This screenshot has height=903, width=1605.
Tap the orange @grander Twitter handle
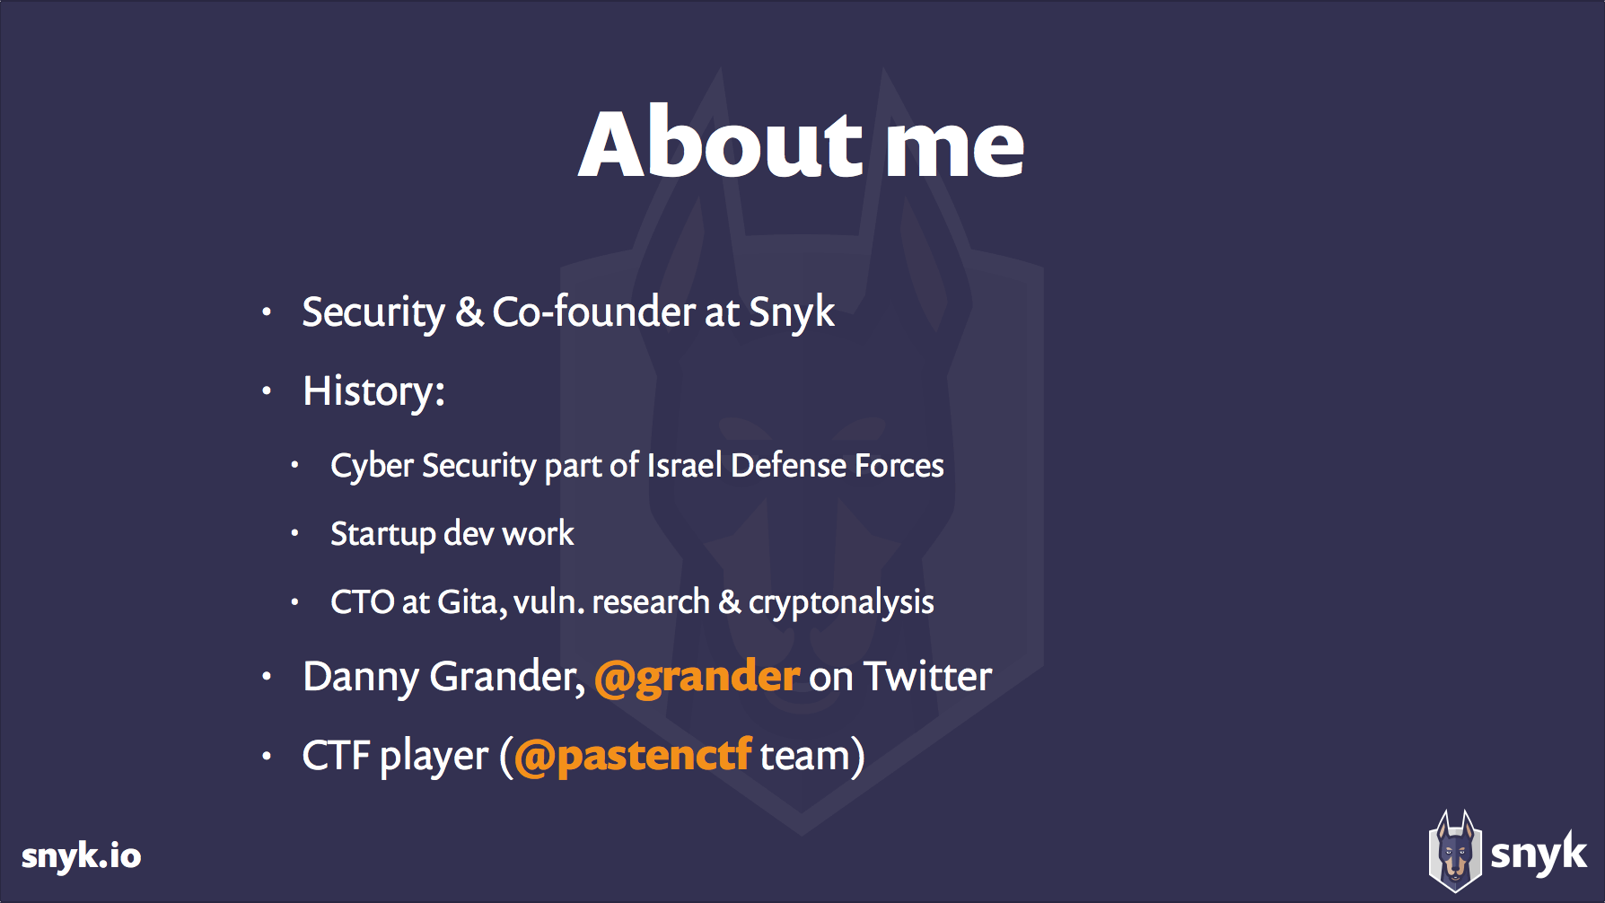pyautogui.click(x=697, y=677)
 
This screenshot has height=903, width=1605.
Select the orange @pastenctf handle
pyautogui.click(x=632, y=756)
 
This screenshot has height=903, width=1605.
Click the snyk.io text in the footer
pyautogui.click(x=81, y=855)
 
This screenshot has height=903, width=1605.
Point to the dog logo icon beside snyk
pyautogui.click(x=1454, y=852)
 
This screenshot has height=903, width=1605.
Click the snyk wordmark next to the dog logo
pyautogui.click(x=1538, y=854)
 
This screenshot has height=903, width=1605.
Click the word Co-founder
pyautogui.click(x=593, y=312)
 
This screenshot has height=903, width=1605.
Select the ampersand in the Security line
pyautogui.click(x=469, y=312)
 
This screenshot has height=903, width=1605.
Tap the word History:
pyautogui.click(x=373, y=392)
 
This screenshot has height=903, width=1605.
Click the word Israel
pyautogui.click(x=684, y=466)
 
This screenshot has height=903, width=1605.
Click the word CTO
pyautogui.click(x=362, y=602)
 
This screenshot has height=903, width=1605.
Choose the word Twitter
pyautogui.click(x=927, y=677)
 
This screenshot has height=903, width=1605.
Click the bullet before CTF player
pyautogui.click(x=267, y=756)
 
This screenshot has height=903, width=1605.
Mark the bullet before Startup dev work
pyautogui.click(x=294, y=533)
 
